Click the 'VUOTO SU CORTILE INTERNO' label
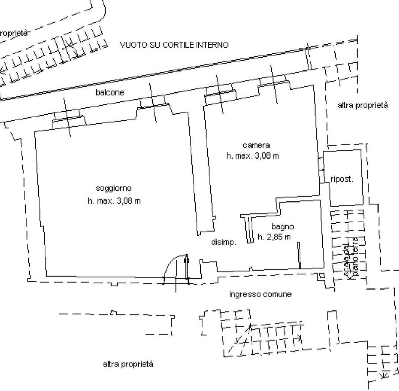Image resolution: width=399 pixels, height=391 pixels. pyautogui.click(x=174, y=45)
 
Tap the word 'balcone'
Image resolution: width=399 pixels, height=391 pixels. pyautogui.click(x=110, y=92)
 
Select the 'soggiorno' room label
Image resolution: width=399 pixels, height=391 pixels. pyautogui.click(x=114, y=188)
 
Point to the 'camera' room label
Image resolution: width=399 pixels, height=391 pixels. pyautogui.click(x=256, y=145)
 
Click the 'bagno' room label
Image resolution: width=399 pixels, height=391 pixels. pyautogui.click(x=283, y=226)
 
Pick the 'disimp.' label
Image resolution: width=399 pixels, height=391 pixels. pyautogui.click(x=224, y=242)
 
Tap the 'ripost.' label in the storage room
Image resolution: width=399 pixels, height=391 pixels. pyautogui.click(x=342, y=179)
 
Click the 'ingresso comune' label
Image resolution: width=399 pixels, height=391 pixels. pyautogui.click(x=260, y=295)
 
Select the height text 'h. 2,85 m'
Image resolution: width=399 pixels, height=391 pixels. pyautogui.click(x=274, y=237)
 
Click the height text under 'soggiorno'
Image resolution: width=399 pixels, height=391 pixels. pyautogui.click(x=114, y=201)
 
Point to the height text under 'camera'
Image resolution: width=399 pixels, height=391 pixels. pyautogui.click(x=252, y=156)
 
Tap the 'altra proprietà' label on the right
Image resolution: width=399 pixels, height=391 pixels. pyautogui.click(x=363, y=105)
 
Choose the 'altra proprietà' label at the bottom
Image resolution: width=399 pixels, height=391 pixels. pyautogui.click(x=128, y=364)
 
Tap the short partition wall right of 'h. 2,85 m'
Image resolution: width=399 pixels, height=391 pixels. pyautogui.click(x=299, y=255)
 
